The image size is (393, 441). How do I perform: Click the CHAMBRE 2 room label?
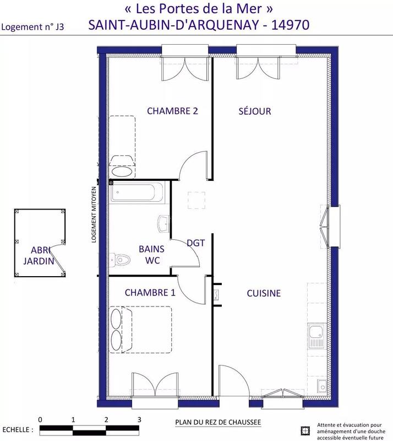click(172, 111)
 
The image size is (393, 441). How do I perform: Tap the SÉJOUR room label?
click(255, 111)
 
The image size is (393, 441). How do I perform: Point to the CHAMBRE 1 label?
click(150, 293)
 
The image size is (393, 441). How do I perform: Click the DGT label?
click(196, 243)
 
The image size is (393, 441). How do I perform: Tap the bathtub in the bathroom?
click(137, 193)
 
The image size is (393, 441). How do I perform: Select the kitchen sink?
click(316, 335)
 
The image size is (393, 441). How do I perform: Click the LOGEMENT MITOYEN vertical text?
click(94, 215)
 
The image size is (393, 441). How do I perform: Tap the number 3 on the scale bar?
click(139, 420)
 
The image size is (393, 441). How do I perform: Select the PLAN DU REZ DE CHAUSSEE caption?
click(217, 423)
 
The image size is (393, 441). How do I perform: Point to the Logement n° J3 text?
click(33, 26)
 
